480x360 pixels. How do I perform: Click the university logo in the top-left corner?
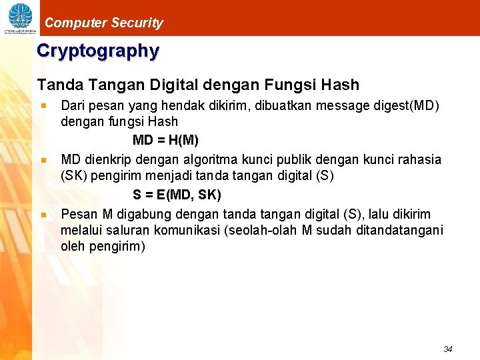point(19,17)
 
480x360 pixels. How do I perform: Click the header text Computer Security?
point(103,23)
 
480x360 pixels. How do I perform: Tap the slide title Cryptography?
point(98,51)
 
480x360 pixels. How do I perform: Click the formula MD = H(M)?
point(165,141)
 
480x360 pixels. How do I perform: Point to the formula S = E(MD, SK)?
point(177,195)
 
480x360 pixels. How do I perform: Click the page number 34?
point(447,349)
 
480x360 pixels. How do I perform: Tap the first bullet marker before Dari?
point(43,105)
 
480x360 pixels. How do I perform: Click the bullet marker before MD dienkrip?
point(43,160)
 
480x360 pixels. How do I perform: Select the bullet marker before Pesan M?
point(43,215)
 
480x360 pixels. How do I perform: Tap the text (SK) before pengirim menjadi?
point(74,176)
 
